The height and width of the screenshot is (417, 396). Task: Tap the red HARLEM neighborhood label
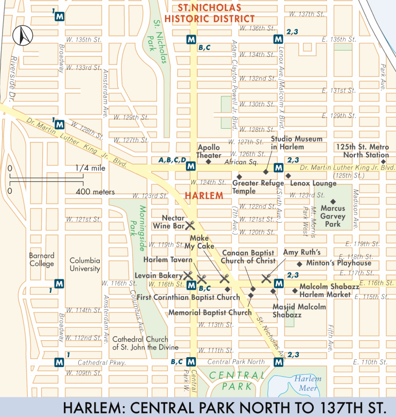[204, 196]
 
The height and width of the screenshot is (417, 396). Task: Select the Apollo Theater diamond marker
[208, 162]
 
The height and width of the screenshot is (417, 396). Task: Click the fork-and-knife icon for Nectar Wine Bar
[191, 225]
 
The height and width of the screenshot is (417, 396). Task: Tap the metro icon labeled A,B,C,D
[191, 166]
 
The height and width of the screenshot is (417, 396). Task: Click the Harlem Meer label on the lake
[308, 383]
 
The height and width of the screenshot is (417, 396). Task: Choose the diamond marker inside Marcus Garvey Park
[333, 201]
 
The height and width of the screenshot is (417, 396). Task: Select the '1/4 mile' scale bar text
[90, 168]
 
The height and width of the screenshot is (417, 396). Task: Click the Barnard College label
[42, 260]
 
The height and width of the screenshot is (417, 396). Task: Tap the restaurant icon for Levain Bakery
[188, 275]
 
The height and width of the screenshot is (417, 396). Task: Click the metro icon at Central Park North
[278, 363]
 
